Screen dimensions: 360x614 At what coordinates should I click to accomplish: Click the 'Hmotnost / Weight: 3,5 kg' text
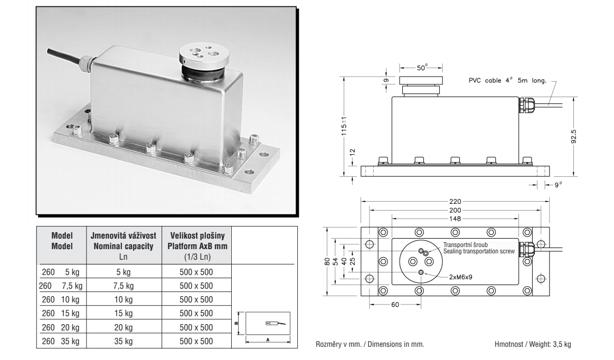(533, 344)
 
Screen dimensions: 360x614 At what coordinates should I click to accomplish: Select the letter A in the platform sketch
(268, 340)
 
